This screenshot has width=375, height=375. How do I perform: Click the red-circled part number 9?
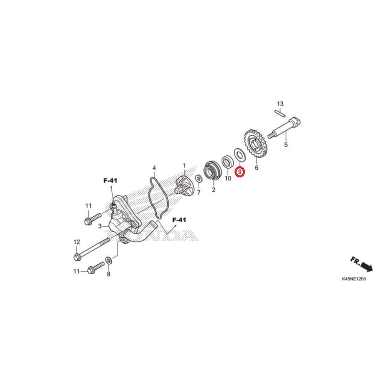(x=240, y=172)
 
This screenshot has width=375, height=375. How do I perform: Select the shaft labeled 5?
(x=284, y=129)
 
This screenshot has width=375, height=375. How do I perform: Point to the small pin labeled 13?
(x=279, y=113)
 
